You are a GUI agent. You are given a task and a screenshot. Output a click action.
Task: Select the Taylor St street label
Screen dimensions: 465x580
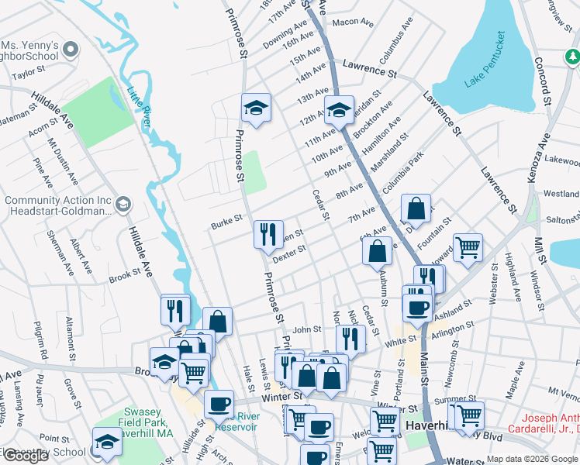(x=29, y=72)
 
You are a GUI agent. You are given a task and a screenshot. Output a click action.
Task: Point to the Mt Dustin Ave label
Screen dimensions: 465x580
(x=62, y=158)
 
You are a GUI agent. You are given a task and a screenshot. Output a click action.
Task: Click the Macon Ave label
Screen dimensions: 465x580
(x=353, y=22)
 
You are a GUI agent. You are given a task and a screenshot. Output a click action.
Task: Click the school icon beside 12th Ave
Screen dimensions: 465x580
(x=339, y=111)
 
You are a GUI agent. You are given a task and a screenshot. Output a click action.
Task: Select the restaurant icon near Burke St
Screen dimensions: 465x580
(x=268, y=235)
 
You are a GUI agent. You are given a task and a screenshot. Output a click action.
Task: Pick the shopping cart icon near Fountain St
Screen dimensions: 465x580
(x=468, y=248)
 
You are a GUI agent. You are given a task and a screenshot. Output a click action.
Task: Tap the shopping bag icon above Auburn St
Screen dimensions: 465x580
(x=377, y=251)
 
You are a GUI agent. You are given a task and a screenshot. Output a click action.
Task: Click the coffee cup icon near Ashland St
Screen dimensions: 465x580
(x=417, y=308)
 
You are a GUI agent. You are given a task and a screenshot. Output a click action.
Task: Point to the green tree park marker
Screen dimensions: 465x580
(x=571, y=57)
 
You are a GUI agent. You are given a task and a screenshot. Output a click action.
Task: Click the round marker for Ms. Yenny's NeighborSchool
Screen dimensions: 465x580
(x=71, y=50)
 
